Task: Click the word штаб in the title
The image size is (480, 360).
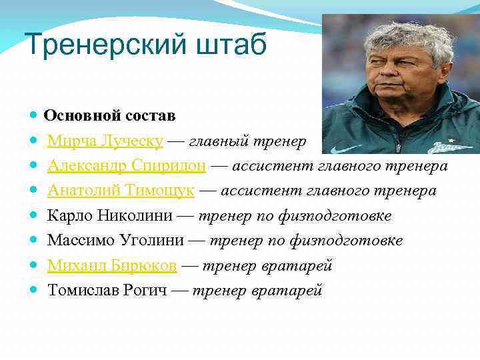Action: point(231,44)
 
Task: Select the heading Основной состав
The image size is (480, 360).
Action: point(109,115)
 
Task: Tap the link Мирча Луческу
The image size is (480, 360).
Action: point(105,141)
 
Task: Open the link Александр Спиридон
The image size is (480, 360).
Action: point(127,165)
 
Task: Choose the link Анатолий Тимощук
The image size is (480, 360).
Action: point(121,191)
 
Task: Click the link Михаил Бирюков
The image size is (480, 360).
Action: point(112,266)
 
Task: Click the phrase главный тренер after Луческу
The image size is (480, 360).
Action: point(247,141)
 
